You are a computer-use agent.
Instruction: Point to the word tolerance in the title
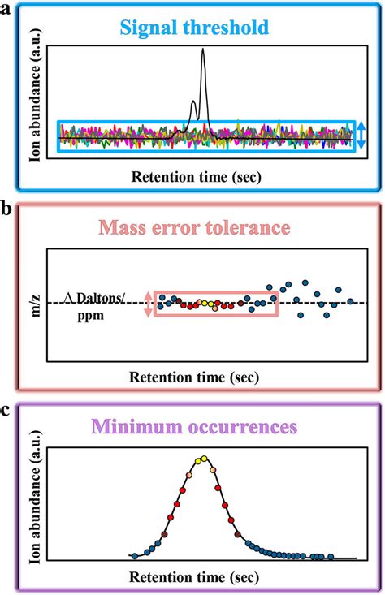point(244,228)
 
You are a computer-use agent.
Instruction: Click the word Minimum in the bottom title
point(135,425)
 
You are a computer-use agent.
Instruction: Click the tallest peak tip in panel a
point(203,50)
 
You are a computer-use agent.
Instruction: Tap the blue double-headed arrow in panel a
point(361,135)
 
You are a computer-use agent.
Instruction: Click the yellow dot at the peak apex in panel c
point(203,459)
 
